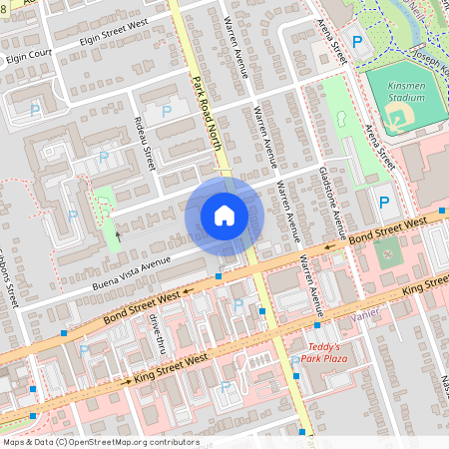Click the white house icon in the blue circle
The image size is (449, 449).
224,216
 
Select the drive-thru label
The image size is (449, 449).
156,332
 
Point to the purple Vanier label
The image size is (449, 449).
367,318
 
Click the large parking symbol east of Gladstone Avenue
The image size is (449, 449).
384,203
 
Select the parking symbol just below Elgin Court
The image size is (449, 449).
36,110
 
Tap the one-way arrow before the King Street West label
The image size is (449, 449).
127,380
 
